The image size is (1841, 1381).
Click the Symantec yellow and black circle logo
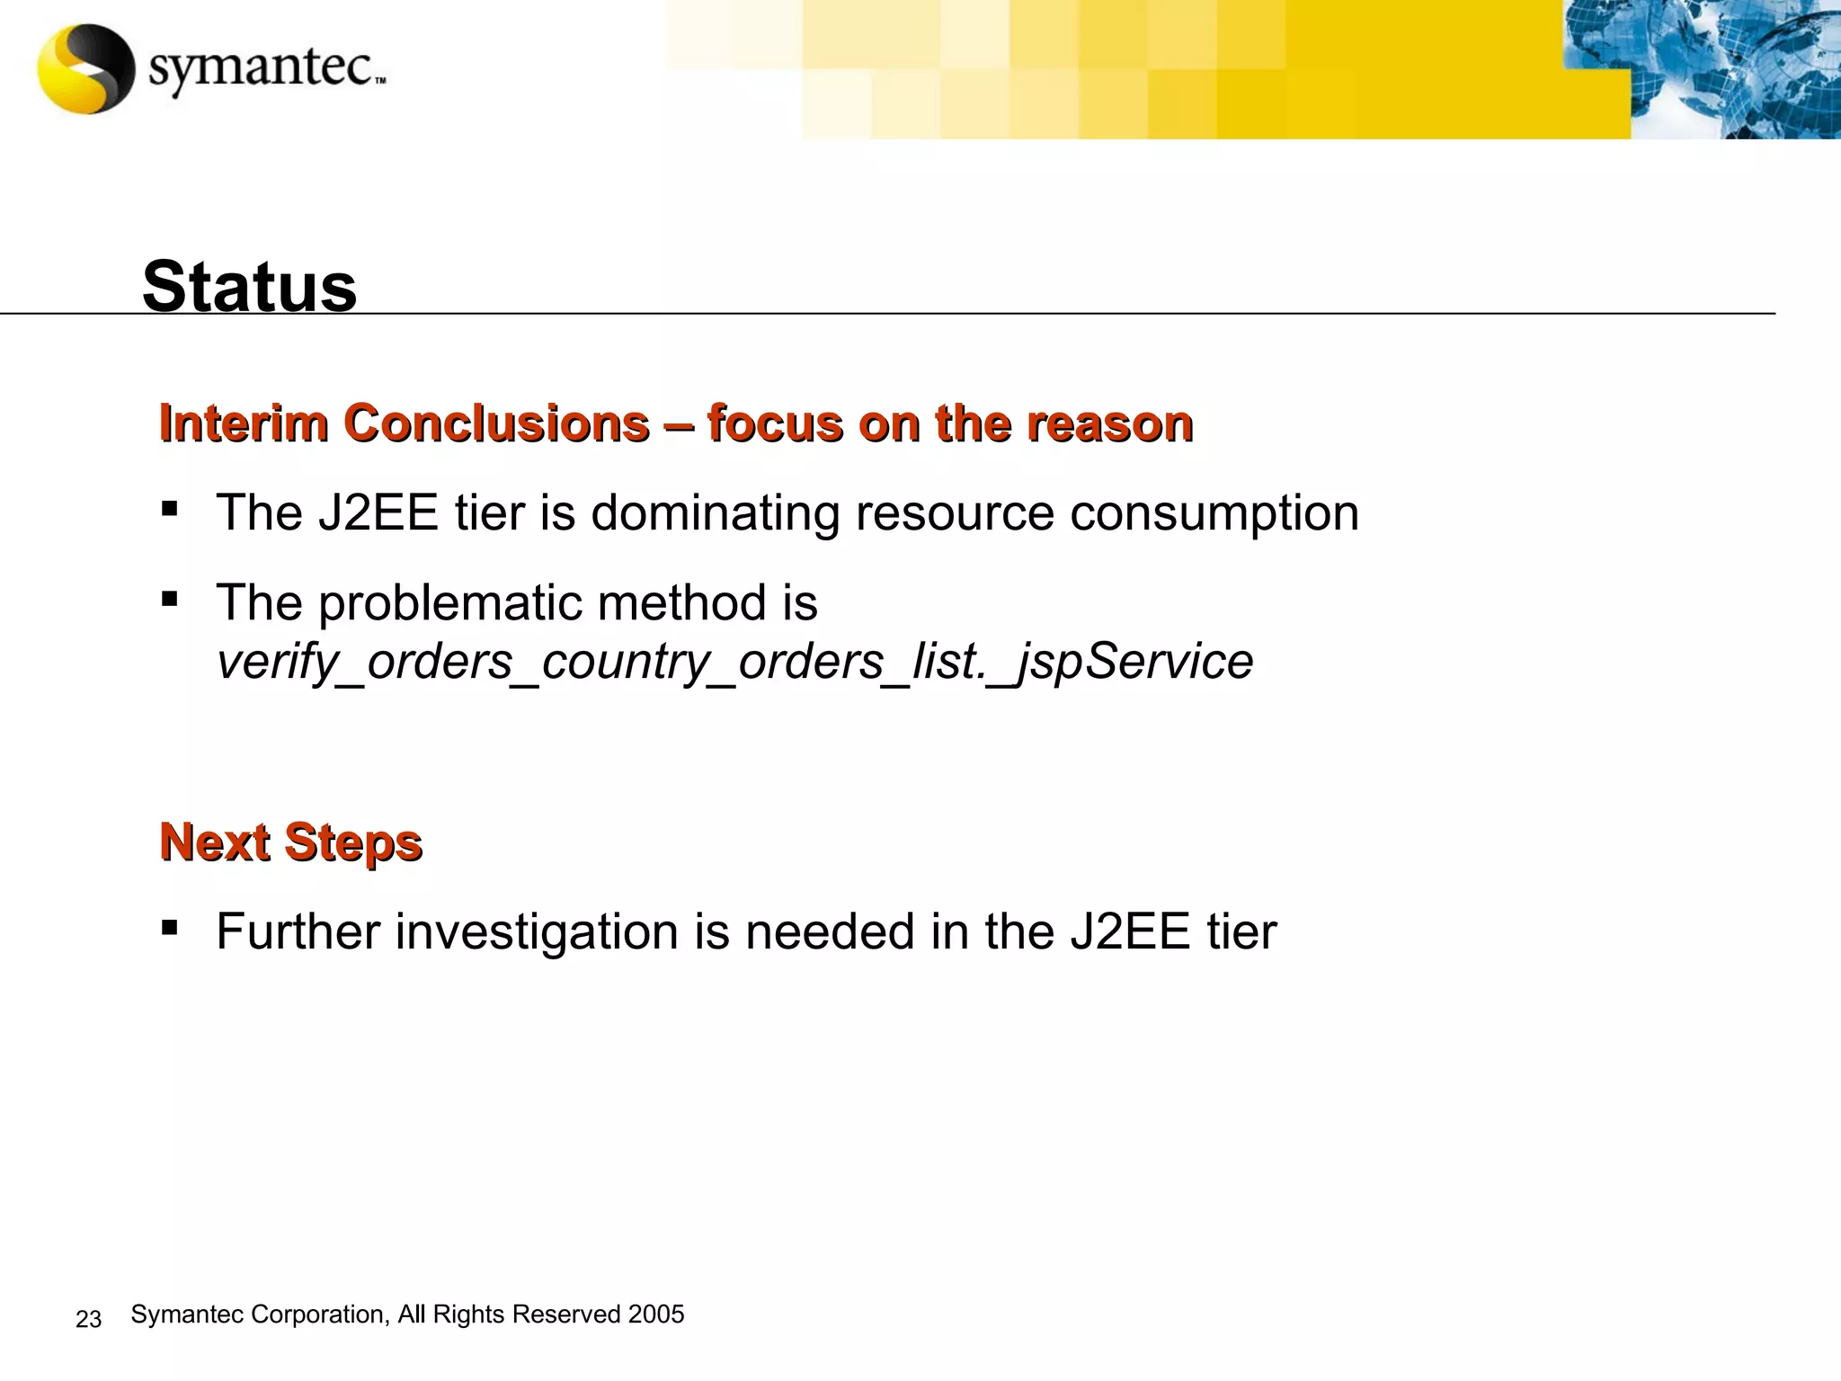(86, 69)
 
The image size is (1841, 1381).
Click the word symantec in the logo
(261, 68)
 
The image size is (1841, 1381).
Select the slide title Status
(250, 287)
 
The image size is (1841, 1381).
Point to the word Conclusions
(496, 423)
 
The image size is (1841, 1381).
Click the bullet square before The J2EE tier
(169, 510)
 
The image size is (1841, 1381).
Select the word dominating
(716, 513)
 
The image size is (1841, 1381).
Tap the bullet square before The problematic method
(169, 599)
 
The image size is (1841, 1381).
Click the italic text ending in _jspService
(734, 663)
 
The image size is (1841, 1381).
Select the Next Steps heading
(290, 843)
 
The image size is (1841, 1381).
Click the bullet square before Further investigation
(169, 927)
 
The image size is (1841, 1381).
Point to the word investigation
(537, 932)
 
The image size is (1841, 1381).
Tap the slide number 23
(88, 1319)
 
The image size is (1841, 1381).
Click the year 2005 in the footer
(656, 1314)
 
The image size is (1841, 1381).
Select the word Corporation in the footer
(319, 1314)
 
